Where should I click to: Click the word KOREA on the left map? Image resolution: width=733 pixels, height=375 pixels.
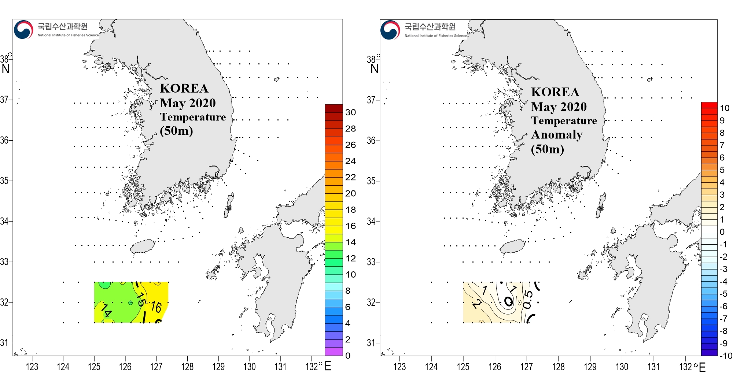click(184, 89)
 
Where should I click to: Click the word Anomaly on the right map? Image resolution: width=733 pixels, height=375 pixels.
click(557, 135)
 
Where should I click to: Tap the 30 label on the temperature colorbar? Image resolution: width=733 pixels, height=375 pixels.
click(350, 112)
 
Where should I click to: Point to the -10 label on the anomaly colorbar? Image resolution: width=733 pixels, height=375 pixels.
click(725, 356)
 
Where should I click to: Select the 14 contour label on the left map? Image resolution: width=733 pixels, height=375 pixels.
click(106, 310)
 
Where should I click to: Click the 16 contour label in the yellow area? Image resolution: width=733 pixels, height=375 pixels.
click(156, 307)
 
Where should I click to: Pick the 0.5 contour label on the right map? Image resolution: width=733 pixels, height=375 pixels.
click(527, 299)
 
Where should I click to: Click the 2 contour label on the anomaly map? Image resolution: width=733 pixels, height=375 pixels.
click(476, 304)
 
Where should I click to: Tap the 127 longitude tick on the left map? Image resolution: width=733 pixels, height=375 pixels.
click(156, 367)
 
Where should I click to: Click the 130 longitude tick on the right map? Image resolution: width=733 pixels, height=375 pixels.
click(622, 367)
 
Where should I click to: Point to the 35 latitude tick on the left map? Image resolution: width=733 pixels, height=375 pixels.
click(4, 181)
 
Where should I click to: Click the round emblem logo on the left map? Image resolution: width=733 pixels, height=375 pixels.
click(23, 30)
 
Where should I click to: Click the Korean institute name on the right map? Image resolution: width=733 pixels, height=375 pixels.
click(430, 27)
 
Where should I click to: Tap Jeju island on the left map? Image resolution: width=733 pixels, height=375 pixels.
click(143, 246)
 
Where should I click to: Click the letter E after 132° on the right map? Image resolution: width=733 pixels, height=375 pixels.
click(702, 367)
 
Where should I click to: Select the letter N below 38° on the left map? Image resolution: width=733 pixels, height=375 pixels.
click(5, 69)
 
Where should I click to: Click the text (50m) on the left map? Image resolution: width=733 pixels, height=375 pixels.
click(176, 131)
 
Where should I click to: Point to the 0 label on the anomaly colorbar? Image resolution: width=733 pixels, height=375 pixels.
click(722, 232)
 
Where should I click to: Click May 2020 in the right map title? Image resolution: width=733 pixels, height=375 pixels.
click(559, 107)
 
